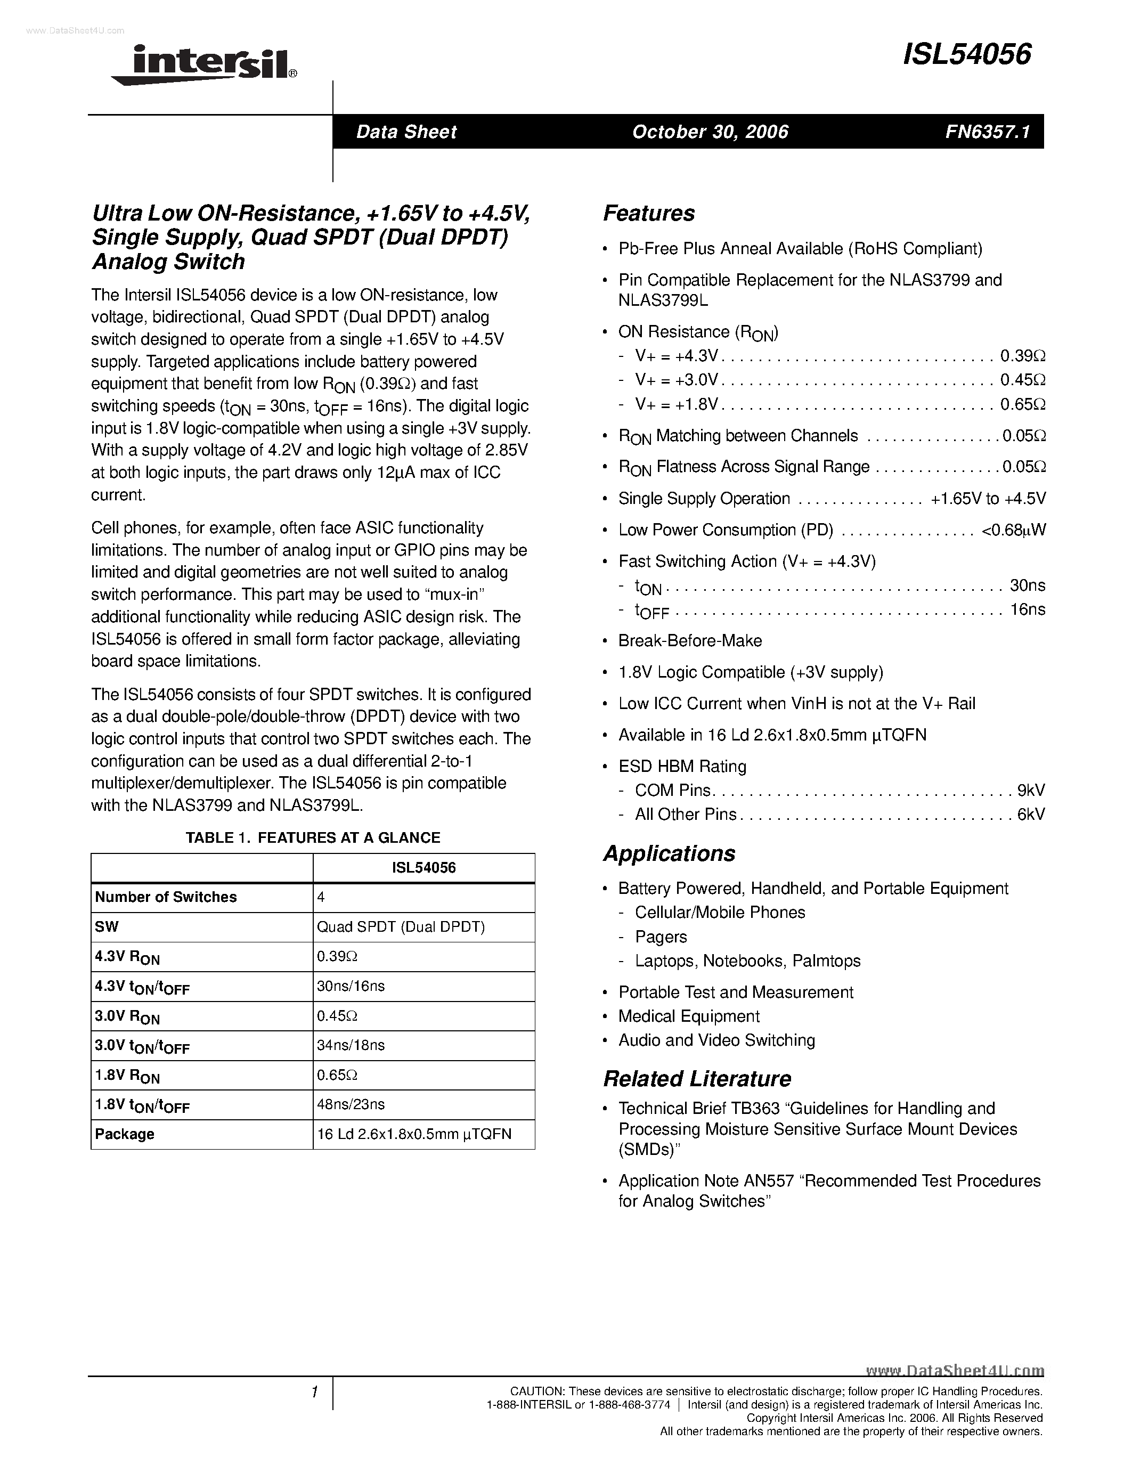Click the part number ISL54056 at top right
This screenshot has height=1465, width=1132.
[966, 55]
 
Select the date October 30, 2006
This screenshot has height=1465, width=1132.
[710, 132]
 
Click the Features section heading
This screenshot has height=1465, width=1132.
[648, 213]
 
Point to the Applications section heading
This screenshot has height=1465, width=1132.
[669, 853]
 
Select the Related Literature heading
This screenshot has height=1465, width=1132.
[697, 1079]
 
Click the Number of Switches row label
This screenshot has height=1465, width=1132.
[166, 898]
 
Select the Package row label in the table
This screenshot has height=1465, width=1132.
[125, 1134]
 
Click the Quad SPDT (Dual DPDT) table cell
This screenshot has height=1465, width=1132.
[401, 927]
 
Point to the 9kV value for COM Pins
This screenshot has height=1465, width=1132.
[1031, 790]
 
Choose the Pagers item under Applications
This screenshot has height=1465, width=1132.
[661, 937]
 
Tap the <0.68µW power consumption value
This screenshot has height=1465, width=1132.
[1013, 530]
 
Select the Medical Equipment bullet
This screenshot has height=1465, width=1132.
[689, 1016]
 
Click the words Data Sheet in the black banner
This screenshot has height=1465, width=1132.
[406, 132]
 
